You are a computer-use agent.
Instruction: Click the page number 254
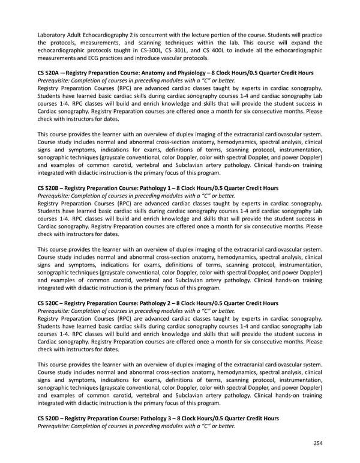tap(317, 443)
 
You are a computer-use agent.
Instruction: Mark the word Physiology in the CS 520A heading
tap(214, 73)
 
